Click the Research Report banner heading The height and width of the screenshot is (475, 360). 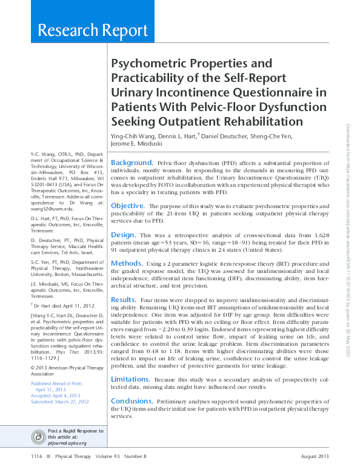tap(92, 30)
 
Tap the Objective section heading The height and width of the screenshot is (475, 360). tap(127, 206)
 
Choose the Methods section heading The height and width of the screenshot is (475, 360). tap(127, 263)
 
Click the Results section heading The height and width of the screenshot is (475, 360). tap(124, 299)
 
